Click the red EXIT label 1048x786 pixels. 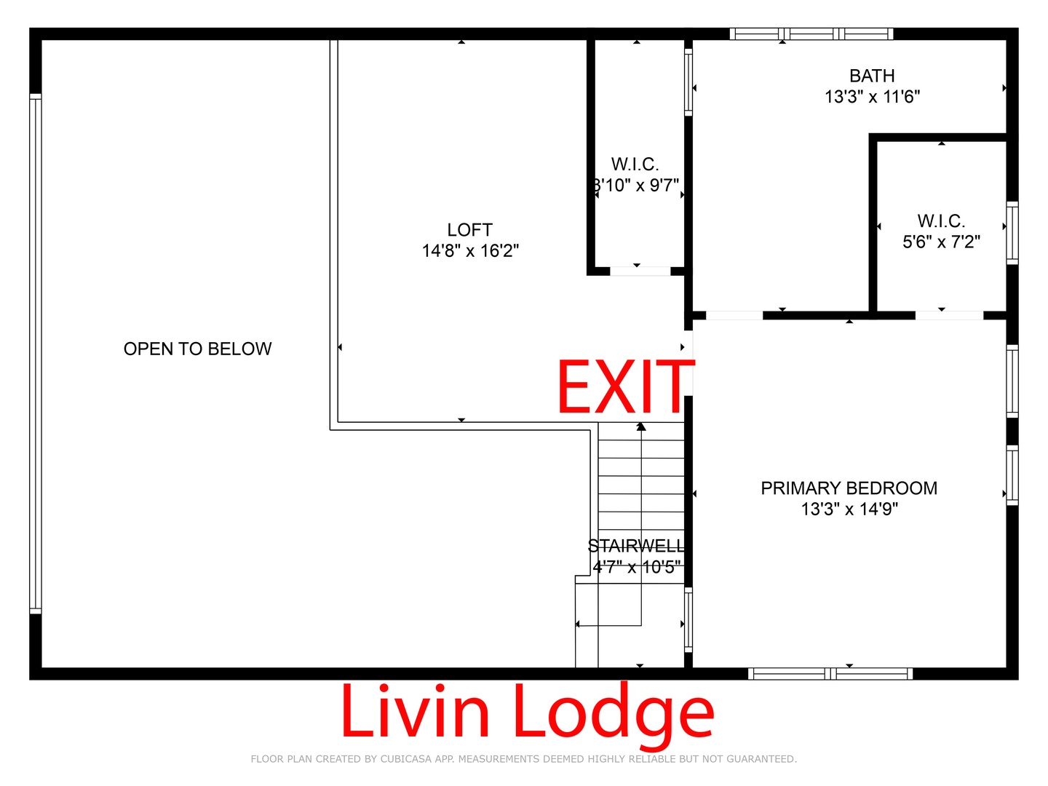(625, 386)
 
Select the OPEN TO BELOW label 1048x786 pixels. (198, 349)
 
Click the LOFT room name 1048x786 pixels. (470, 230)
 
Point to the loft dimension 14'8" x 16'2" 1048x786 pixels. (470, 250)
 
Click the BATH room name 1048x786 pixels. (872, 76)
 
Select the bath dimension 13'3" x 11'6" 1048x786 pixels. (873, 96)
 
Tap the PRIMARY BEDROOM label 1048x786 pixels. (849, 488)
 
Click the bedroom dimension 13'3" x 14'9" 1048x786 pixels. (849, 509)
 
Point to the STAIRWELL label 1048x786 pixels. (636, 546)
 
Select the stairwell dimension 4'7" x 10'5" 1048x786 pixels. (636, 567)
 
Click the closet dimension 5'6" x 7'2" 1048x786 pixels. (941, 242)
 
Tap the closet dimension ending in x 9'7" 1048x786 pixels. (636, 185)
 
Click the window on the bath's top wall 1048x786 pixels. (811, 34)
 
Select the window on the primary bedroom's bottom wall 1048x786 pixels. (830, 674)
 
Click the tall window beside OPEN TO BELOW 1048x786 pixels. (36, 354)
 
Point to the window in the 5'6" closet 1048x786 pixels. (1012, 233)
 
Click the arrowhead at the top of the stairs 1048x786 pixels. (641, 426)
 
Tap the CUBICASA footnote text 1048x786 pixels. (524, 759)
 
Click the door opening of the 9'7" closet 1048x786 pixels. (640, 271)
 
